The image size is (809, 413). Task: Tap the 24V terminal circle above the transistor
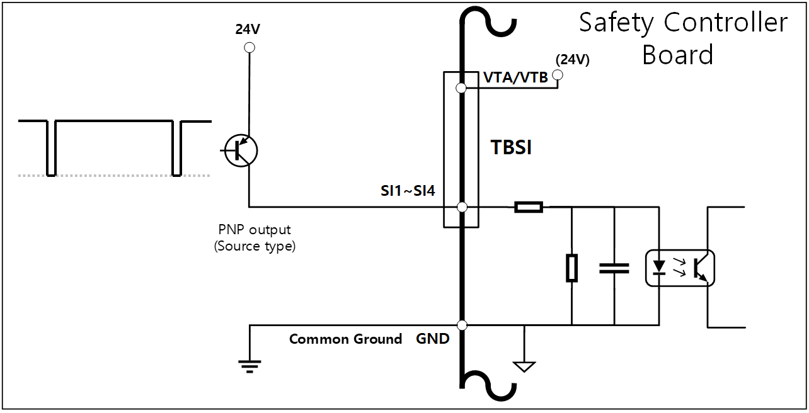coord(250,47)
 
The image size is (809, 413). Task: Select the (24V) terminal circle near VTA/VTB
coord(557,76)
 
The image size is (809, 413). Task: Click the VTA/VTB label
coord(515,77)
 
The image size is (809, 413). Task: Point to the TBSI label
coord(511,148)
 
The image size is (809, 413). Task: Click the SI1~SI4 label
coord(408,191)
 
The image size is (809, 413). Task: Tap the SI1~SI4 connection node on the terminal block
coord(461,206)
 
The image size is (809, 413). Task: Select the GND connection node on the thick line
coord(462,325)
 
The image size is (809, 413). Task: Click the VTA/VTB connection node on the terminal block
coord(461,88)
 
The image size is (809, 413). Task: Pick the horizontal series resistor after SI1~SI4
coord(528,206)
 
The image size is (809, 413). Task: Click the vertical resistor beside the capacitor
coord(571,268)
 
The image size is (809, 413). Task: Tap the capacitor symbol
coord(614,268)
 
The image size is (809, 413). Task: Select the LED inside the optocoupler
coord(659,268)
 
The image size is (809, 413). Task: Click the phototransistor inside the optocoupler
coord(700,268)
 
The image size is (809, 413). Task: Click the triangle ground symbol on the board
coord(524,366)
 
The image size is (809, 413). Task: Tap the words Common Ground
coord(345,339)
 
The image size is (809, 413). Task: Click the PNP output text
coord(255,230)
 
